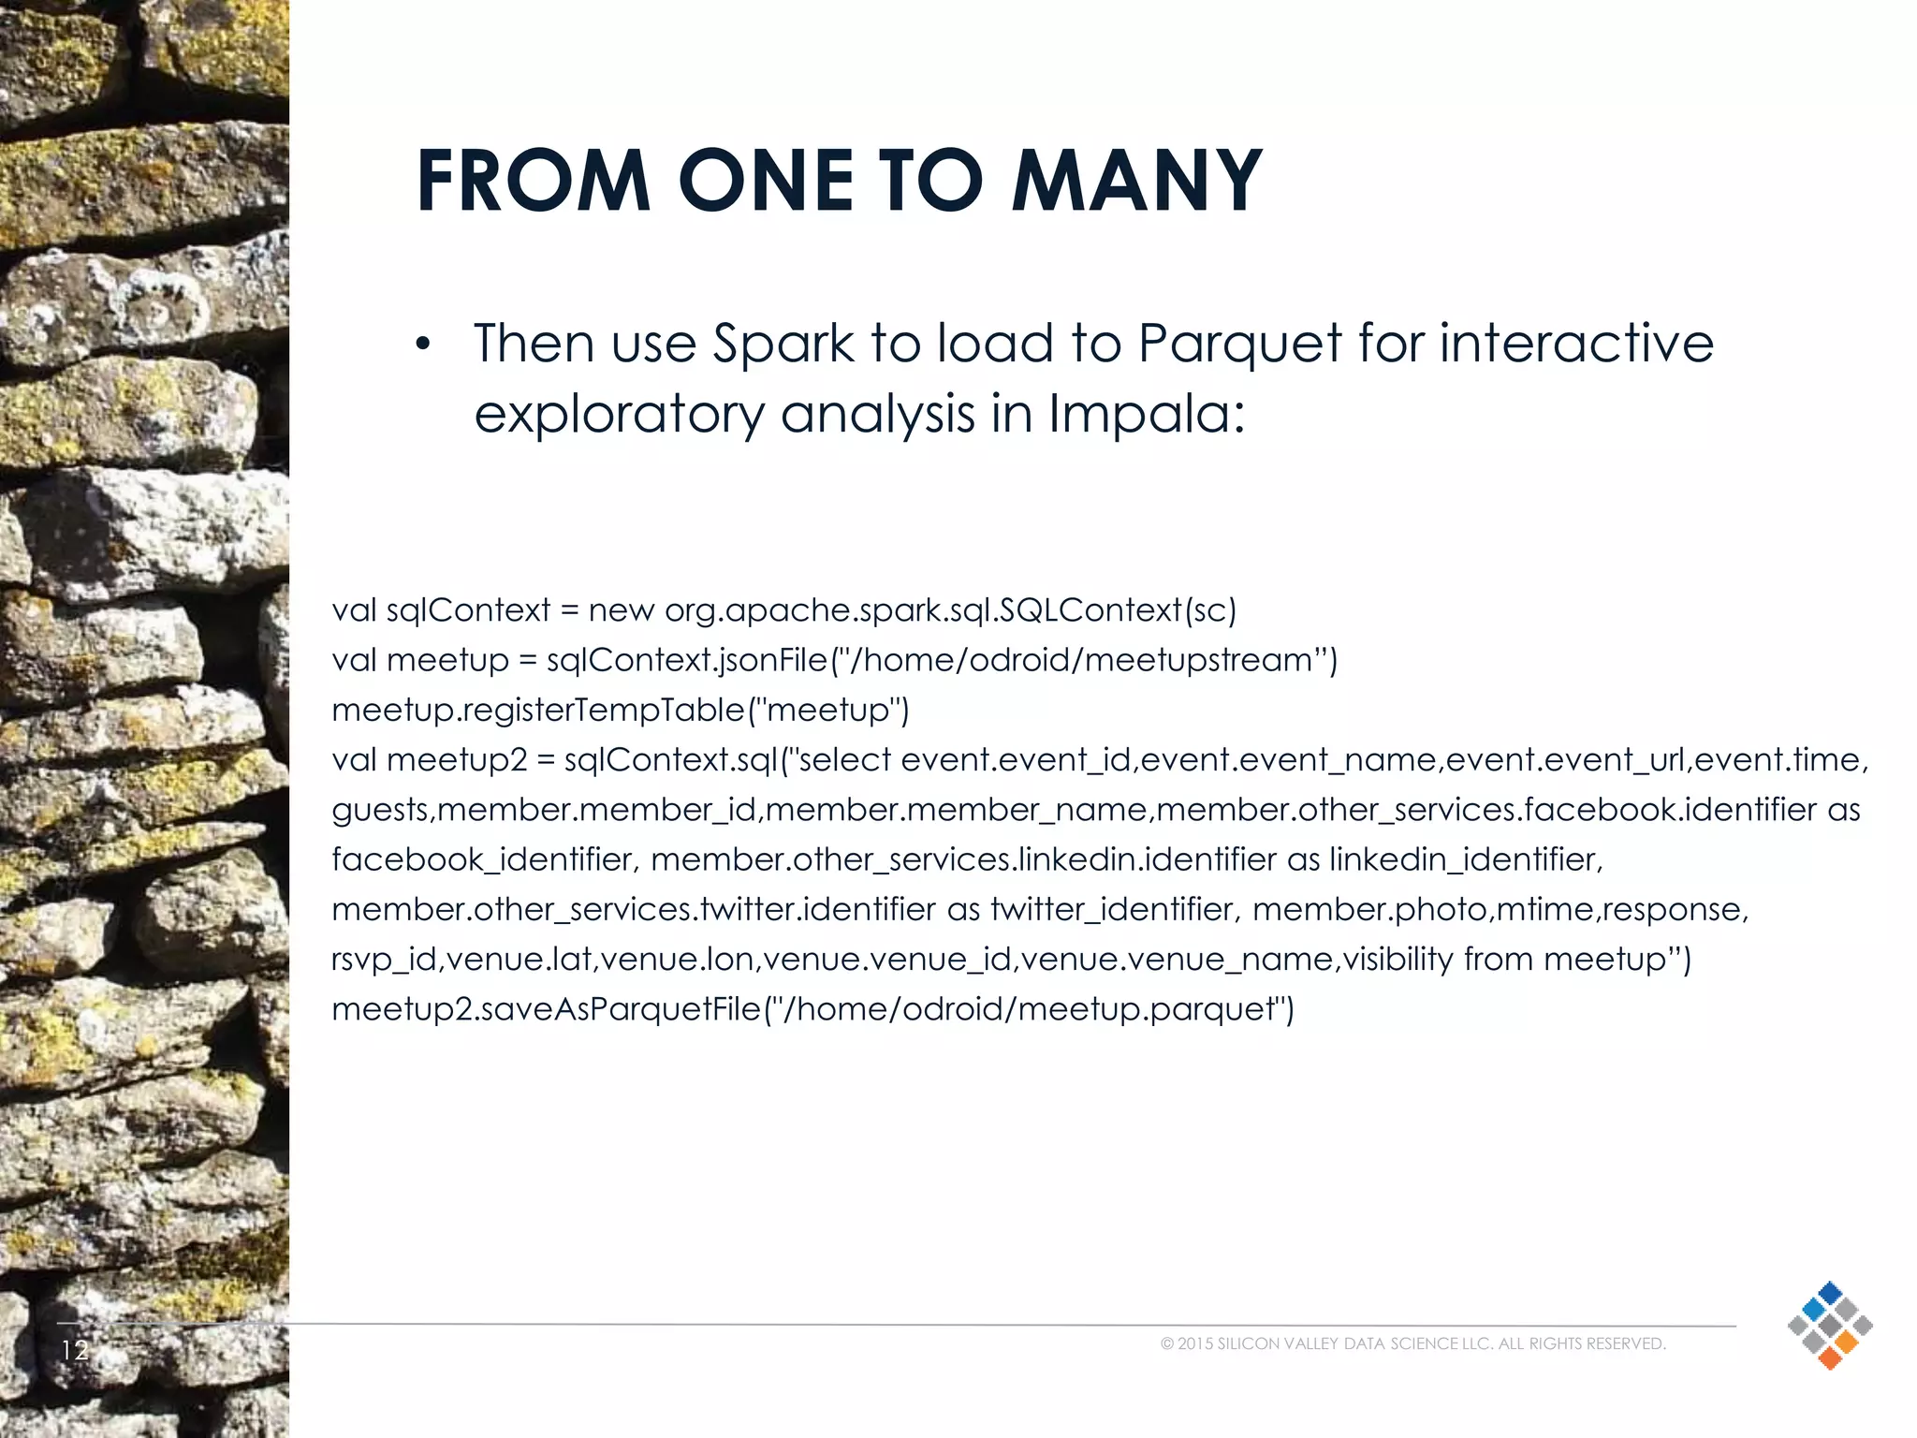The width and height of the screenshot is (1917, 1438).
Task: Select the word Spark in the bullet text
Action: pyautogui.click(x=783, y=343)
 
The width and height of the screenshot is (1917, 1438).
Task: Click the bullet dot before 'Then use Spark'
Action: pyautogui.click(x=423, y=346)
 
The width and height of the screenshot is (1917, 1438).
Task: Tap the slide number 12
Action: pyautogui.click(x=74, y=1349)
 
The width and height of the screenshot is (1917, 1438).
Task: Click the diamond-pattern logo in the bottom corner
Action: pyautogui.click(x=1829, y=1325)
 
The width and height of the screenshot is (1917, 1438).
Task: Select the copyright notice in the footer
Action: pyautogui.click(x=1412, y=1343)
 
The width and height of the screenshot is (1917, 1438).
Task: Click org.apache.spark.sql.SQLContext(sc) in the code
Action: pyautogui.click(x=950, y=610)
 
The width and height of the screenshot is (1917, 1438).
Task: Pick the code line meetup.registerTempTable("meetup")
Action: pyautogui.click(x=621, y=710)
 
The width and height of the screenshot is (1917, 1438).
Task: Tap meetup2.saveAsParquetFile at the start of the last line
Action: pyautogui.click(x=547, y=1009)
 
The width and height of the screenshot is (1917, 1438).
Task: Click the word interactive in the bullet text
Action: pyautogui.click(x=1576, y=343)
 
